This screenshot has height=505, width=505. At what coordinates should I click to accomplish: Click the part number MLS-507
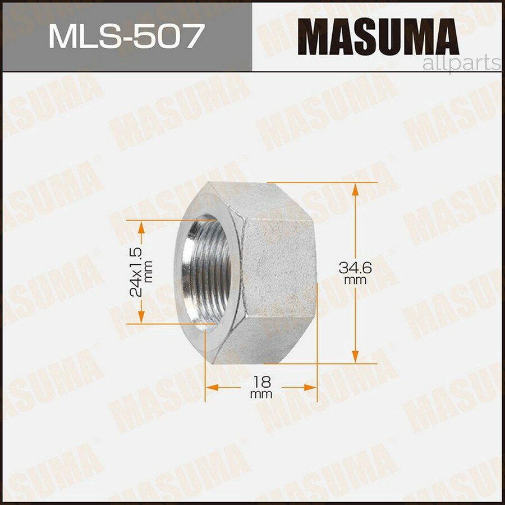click(x=125, y=36)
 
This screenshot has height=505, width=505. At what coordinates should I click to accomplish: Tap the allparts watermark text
click(x=461, y=63)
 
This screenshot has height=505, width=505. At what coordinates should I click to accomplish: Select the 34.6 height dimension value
click(x=355, y=268)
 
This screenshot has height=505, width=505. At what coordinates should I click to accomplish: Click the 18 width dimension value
click(x=261, y=382)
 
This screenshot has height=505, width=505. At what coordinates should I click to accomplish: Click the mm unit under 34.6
click(x=356, y=280)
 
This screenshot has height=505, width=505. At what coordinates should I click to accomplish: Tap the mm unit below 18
click(x=261, y=394)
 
